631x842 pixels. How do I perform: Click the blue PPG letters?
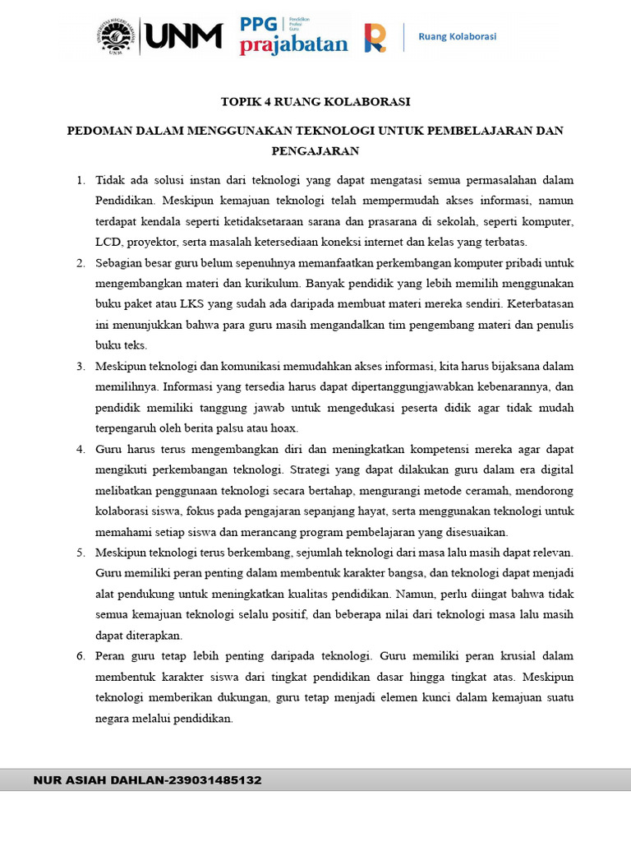259,25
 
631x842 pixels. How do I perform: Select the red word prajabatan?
293,45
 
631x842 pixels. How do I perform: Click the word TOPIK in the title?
239,102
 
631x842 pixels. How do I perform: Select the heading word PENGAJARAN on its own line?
315,151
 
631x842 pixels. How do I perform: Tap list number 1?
80,180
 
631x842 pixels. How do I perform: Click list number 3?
80,366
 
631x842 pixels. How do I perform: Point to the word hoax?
283,428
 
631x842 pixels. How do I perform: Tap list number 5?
80,553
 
